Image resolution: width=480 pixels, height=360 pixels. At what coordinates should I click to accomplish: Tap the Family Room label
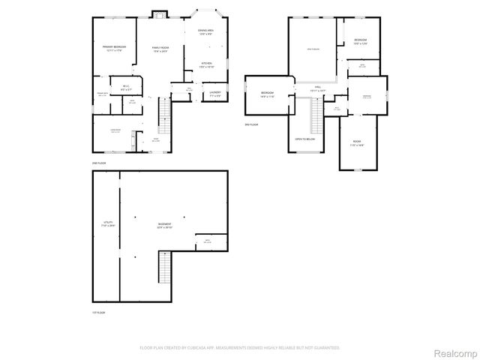point(159,49)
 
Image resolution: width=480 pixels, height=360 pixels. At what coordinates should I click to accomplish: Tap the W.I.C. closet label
point(126,87)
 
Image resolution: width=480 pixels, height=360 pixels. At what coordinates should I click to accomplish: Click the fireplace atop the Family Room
point(158,13)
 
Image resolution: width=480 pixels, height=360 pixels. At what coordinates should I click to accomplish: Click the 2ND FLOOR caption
point(98,163)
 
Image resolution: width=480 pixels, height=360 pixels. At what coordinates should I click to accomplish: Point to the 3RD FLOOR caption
point(250,124)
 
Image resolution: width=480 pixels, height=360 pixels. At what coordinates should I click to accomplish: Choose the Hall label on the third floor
point(317,88)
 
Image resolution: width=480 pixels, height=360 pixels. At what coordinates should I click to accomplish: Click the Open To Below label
point(304,139)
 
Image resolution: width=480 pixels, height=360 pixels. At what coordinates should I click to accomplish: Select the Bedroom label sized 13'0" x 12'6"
point(360,40)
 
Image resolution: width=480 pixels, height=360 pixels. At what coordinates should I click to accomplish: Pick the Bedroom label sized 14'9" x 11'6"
point(267,94)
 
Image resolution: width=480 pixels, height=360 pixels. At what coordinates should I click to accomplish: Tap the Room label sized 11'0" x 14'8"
point(357,143)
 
